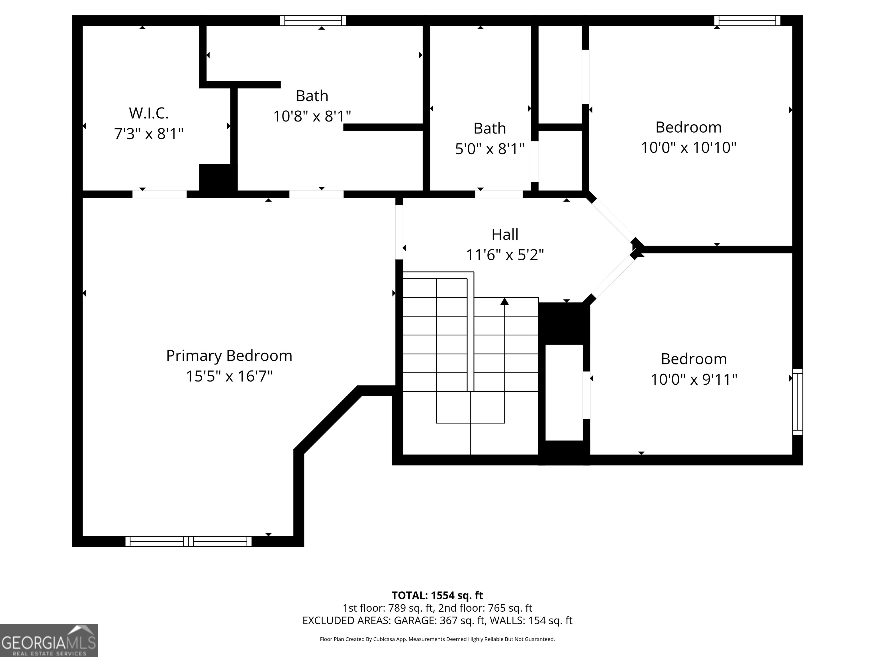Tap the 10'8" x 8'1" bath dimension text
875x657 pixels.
click(312, 116)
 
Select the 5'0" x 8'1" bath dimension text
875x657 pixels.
click(490, 149)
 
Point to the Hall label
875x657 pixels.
click(505, 234)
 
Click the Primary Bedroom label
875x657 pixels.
click(229, 356)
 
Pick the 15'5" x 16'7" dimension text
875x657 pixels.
click(229, 376)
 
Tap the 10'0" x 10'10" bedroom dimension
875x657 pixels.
click(688, 148)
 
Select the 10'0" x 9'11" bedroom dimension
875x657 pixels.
click(694, 379)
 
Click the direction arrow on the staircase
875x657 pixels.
click(504, 302)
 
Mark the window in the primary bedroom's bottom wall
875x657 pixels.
click(188, 541)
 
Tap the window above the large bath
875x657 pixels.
click(313, 21)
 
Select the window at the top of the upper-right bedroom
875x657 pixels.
click(747, 21)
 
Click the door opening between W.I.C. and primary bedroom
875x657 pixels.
click(160, 194)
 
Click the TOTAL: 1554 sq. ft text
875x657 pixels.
click(437, 595)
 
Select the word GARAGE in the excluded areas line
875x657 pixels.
click(415, 620)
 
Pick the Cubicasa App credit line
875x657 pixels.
click(437, 639)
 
